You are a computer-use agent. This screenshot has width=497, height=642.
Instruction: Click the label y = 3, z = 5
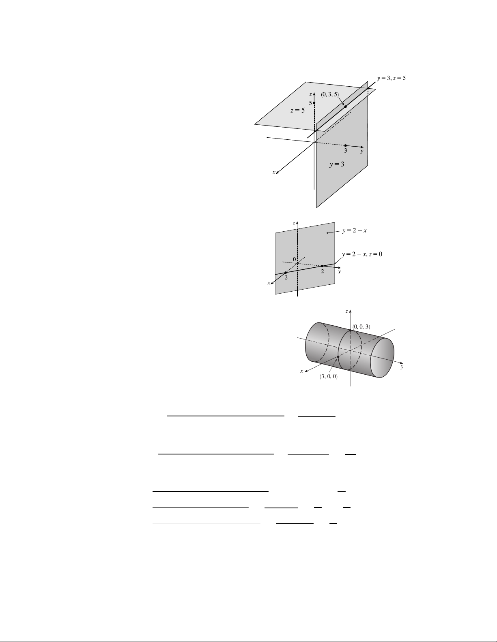point(392,78)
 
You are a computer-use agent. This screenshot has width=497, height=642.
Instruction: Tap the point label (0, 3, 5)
point(330,94)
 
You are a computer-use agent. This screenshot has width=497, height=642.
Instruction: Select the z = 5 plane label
point(297,111)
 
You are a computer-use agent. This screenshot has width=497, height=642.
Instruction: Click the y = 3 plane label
point(337,164)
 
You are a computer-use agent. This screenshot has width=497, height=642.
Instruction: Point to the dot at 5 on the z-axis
point(314,103)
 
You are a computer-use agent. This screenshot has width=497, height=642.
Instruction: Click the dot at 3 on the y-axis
point(346,145)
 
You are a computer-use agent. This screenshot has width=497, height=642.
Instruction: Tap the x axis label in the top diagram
point(274,173)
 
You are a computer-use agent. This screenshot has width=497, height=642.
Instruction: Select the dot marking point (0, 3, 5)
point(346,107)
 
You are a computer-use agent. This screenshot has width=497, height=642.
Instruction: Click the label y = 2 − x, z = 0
point(362,254)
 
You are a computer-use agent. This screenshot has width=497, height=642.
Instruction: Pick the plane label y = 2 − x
point(355,230)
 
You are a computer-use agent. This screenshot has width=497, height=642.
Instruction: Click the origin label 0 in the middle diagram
point(295,259)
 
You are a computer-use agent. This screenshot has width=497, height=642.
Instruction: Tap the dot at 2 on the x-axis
point(286,273)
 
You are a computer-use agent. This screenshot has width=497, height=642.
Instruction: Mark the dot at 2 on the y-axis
point(322,266)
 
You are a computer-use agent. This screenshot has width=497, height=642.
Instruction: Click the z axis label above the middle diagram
point(294,223)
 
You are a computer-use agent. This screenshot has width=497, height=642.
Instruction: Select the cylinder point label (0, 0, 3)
point(361,327)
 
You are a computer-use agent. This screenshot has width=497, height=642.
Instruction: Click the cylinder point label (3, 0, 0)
point(328,377)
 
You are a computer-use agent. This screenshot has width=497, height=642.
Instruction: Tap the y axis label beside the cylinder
point(402,367)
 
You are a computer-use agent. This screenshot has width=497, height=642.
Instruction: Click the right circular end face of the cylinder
point(382,358)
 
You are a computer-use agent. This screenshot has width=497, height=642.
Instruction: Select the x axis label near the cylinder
point(302,371)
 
